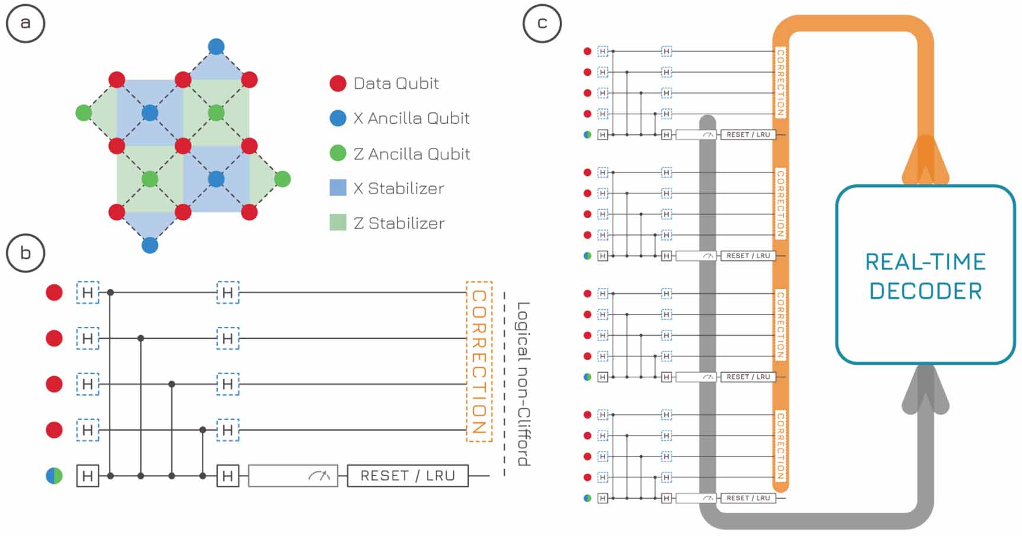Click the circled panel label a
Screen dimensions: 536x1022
coord(25,24)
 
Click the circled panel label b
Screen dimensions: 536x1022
coord(25,253)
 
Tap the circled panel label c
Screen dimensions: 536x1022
coord(542,24)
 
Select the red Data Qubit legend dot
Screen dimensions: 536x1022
coord(338,84)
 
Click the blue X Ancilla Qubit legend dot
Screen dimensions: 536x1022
coord(338,118)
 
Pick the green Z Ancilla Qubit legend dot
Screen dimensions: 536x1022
coord(338,153)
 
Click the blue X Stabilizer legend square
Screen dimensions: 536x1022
coord(338,188)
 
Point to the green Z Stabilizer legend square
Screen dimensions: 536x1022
coord(338,223)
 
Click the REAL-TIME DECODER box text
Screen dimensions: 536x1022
coord(925,276)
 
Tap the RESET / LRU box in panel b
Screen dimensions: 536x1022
coord(408,476)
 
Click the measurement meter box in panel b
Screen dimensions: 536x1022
coord(293,476)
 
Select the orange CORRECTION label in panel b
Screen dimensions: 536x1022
coord(479,361)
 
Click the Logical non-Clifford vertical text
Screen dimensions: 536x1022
coord(523,384)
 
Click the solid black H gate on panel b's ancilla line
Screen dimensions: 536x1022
coord(88,476)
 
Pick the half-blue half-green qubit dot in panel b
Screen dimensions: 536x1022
coord(55,476)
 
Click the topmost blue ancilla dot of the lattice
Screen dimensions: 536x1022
coord(216,47)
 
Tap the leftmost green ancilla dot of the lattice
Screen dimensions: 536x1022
coord(84,113)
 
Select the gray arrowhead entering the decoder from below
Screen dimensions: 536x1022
coord(925,388)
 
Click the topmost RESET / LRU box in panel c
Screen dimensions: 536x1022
coord(748,134)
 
